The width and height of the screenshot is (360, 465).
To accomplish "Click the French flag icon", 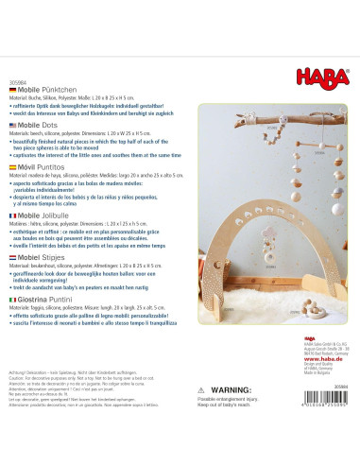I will point(10,215).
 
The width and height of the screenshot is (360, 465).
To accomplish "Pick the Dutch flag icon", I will point(10,256).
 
